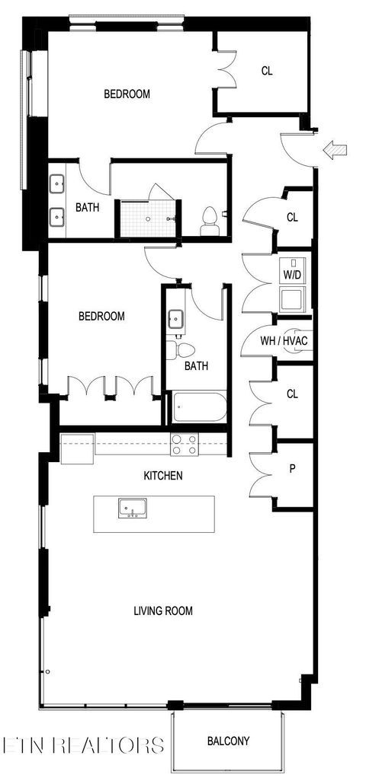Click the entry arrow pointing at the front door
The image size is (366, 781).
(x=333, y=151)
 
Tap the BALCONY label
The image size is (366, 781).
(x=228, y=741)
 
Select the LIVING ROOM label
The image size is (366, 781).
(x=163, y=610)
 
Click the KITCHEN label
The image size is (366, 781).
(x=163, y=476)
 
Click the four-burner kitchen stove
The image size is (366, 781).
(x=184, y=444)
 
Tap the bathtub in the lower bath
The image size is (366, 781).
(x=197, y=408)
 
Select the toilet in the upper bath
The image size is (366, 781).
(x=209, y=221)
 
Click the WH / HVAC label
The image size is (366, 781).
(x=284, y=340)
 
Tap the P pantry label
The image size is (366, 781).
(x=291, y=469)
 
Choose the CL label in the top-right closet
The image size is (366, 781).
(x=267, y=71)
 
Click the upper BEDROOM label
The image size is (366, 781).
(x=127, y=94)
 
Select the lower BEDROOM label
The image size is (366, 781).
(x=101, y=316)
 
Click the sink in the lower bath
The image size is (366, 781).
(x=175, y=318)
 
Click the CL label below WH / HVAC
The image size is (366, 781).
(x=292, y=394)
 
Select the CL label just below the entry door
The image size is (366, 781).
(x=292, y=217)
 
